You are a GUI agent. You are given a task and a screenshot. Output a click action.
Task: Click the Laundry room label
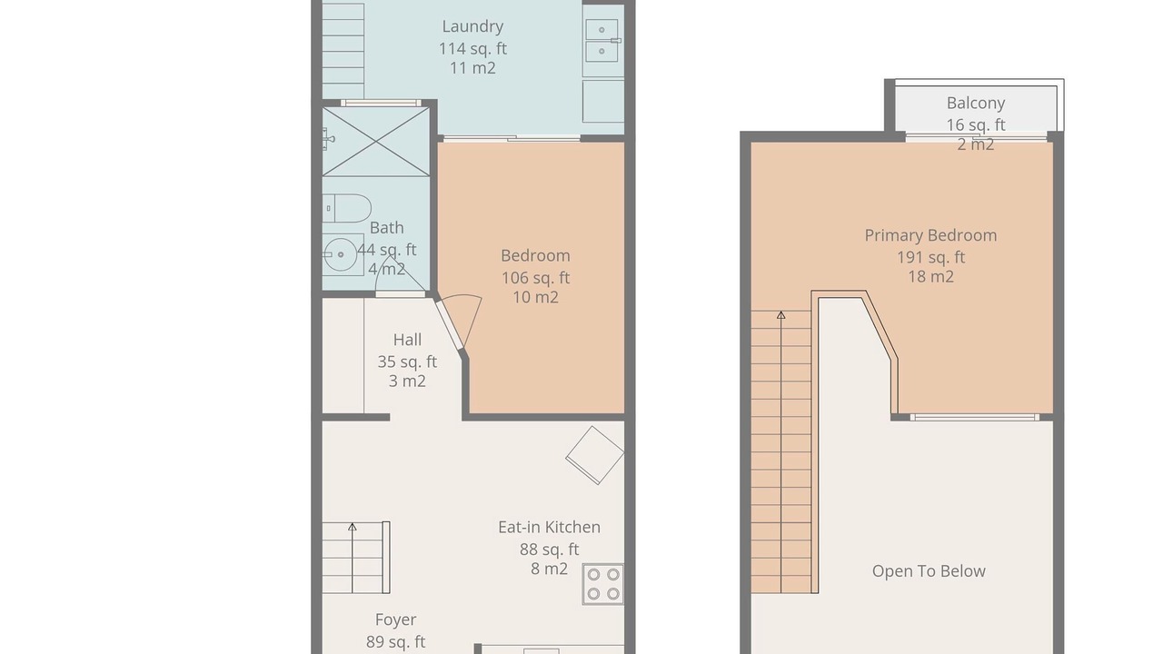tap(472, 26)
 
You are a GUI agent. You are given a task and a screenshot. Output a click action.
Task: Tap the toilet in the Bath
tap(347, 208)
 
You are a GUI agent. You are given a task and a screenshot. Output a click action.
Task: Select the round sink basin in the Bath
tap(341, 254)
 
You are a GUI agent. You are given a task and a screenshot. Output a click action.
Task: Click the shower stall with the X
tap(376, 141)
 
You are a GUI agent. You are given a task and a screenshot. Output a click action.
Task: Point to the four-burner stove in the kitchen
tap(602, 584)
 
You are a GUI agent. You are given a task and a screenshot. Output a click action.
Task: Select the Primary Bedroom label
tap(930, 235)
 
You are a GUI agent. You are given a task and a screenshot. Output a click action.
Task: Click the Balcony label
tap(976, 104)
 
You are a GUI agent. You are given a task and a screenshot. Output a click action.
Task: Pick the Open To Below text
tap(929, 571)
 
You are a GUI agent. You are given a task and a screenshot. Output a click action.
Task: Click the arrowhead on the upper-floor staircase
tap(780, 314)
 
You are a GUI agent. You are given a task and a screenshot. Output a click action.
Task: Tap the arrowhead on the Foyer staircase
tap(352, 527)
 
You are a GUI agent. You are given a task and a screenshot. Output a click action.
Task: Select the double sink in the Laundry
tap(602, 41)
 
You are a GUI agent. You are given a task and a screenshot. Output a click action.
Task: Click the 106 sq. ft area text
tap(535, 278)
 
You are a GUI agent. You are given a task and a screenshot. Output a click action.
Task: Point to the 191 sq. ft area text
tap(931, 257)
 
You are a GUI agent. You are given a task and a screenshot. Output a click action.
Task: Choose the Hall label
tap(407, 340)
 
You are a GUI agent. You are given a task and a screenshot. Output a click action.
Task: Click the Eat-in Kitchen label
tap(550, 528)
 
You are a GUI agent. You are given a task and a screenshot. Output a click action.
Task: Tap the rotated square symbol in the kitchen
tap(595, 455)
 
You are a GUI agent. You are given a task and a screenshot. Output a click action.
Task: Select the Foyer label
tap(395, 619)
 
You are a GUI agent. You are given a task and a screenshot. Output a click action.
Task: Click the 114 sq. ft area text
tap(472, 49)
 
